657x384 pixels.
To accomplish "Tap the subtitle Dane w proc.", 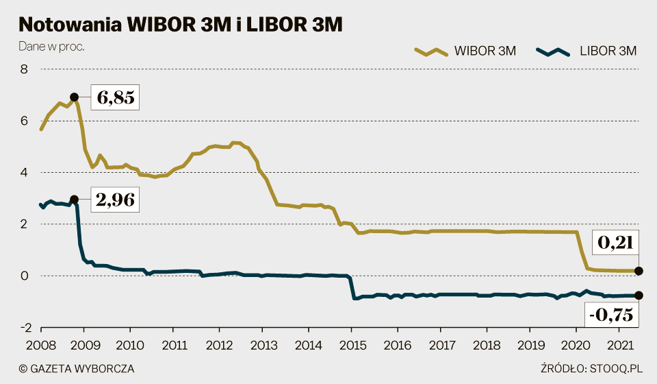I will click(51, 47).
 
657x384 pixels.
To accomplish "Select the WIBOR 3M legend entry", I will click(465, 51).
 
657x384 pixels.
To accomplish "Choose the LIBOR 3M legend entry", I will click(587, 51).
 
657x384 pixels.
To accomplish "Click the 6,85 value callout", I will click(116, 97).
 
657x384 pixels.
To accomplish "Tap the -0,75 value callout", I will click(610, 315).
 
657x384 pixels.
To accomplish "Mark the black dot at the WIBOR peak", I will click(75, 97).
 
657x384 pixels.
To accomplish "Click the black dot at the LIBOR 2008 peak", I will click(75, 200).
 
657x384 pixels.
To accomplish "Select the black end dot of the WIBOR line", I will click(639, 271).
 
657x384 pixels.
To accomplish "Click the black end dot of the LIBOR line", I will click(639, 296).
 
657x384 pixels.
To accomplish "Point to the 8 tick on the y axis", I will click(25, 69).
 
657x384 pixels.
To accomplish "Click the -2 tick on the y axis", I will click(22, 328).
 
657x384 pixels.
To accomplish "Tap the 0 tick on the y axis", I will click(25, 276).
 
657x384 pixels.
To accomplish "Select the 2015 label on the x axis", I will click(350, 345).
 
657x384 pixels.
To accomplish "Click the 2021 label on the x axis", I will click(619, 345).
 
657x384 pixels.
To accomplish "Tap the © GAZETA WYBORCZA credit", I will click(77, 369).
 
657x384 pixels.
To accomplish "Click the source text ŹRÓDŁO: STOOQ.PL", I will click(589, 369).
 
